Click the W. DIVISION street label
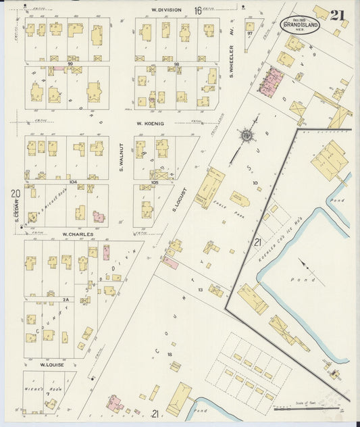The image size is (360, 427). [164, 10]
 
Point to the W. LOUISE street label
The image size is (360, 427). [51, 364]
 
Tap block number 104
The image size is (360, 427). [72, 181]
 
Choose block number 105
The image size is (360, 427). [155, 181]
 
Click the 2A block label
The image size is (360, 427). [66, 298]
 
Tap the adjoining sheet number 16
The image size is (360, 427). [198, 11]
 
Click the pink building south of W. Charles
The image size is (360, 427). [106, 253]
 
